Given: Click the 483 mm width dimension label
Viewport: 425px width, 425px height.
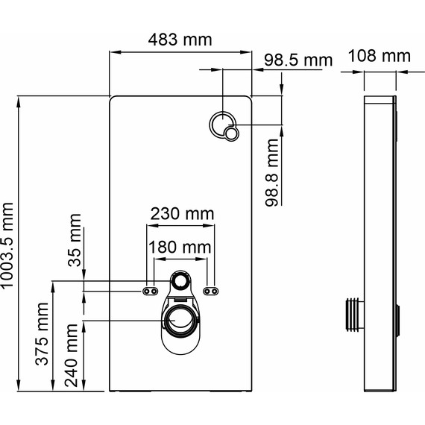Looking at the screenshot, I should point(180,40).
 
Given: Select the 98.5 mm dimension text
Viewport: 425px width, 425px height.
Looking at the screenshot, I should point(293,60).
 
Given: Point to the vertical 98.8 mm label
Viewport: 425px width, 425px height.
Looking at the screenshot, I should point(273,172).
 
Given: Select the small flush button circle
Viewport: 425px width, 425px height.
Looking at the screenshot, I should point(233,133).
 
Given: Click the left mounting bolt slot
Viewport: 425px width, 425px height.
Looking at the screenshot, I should point(151,290).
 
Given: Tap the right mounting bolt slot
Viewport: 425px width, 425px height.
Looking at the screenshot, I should point(211,290).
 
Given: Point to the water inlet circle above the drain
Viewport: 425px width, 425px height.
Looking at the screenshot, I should point(180,281).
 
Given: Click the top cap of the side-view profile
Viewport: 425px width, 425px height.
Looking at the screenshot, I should point(381,98).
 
